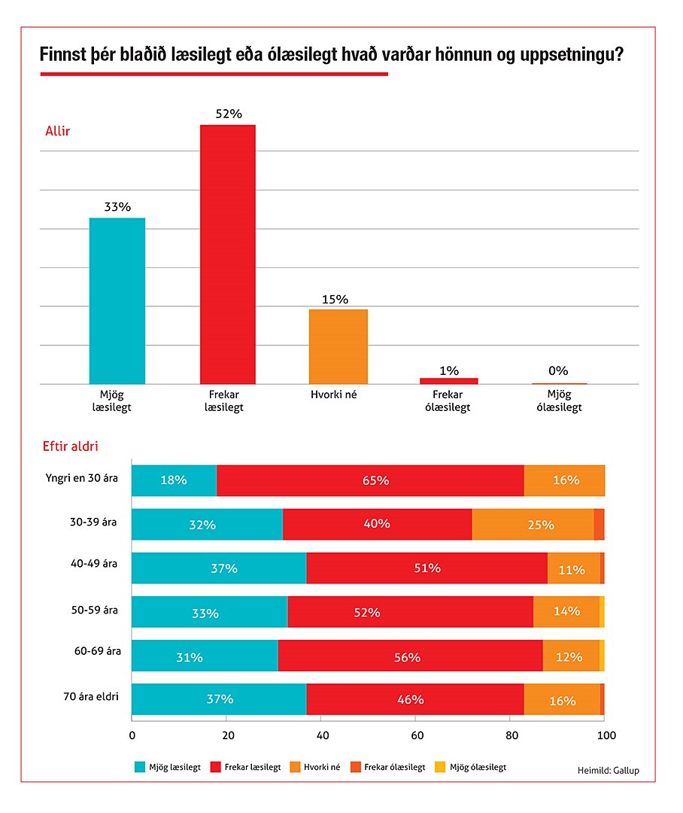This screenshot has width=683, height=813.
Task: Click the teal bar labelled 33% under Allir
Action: click(117, 301)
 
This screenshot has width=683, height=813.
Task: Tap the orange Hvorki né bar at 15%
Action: click(338, 346)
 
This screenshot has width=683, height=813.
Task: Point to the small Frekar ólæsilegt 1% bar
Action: click(449, 381)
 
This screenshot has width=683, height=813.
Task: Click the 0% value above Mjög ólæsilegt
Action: click(558, 370)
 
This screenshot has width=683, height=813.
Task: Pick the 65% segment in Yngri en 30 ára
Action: click(370, 480)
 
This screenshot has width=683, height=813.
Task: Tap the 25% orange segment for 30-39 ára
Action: click(533, 524)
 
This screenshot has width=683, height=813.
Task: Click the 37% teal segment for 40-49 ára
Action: click(219, 568)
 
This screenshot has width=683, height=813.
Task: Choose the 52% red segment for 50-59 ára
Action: click(410, 611)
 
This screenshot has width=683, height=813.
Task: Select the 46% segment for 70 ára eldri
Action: click(414, 699)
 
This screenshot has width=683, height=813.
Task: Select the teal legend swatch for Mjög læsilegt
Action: click(140, 767)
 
